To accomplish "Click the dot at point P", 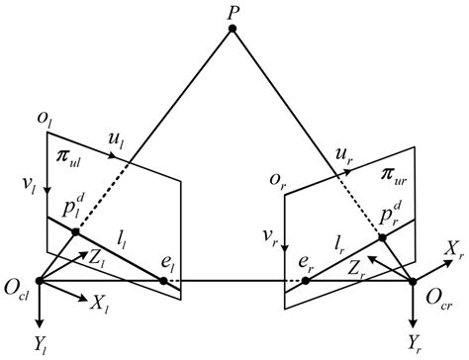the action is tap(233, 30).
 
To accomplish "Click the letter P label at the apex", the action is tap(232, 11).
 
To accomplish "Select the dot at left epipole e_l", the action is tap(164, 281).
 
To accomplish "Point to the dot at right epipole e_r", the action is tap(306, 281).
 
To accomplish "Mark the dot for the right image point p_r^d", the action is tap(381, 238).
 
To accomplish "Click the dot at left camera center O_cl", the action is tap(40, 281).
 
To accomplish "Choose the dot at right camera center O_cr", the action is tap(414, 282).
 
